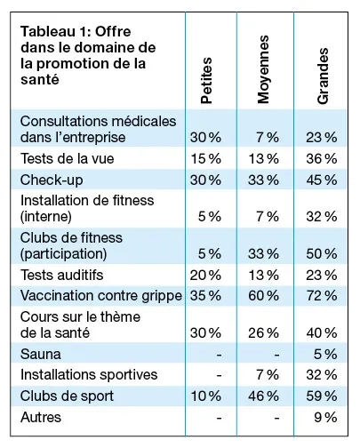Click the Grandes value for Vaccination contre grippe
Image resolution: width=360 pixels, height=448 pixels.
click(323, 294)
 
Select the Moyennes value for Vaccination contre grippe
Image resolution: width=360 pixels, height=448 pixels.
click(265, 294)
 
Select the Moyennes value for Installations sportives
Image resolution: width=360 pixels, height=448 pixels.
click(268, 374)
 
